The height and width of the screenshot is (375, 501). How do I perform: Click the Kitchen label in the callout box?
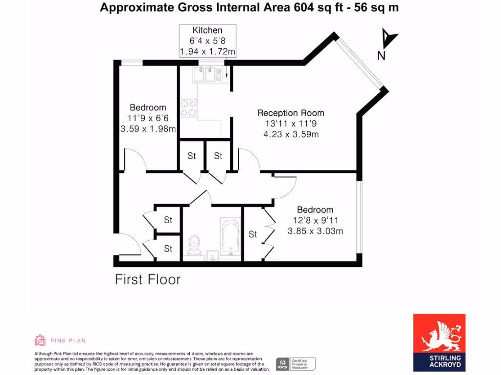tap(207, 30)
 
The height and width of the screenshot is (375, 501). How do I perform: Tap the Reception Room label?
tap(291, 113)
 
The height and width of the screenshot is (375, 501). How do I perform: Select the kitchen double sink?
tap(204, 75)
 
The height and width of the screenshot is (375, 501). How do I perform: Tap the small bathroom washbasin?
tap(212, 255)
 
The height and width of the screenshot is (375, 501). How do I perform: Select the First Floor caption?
tap(148, 279)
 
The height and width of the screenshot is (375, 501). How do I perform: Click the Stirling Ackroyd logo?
tap(439, 342)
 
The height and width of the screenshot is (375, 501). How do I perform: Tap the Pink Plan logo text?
tap(68, 340)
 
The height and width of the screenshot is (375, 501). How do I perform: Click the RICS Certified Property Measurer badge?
tap(296, 364)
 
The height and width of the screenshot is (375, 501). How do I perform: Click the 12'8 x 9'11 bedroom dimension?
tap(315, 221)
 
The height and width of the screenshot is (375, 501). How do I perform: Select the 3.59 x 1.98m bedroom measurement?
tap(148, 129)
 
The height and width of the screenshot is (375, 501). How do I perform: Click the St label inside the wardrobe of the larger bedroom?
tap(252, 234)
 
